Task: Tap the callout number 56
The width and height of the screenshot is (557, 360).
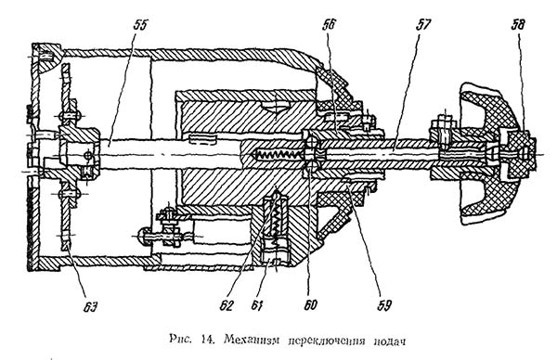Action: pos(329,25)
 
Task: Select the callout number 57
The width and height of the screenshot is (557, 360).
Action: pos(422,25)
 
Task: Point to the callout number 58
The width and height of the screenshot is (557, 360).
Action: pos(518,25)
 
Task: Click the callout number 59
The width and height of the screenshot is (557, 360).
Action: pos(384,305)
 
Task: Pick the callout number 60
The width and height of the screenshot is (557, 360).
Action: pos(310,305)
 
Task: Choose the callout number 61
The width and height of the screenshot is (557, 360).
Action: pos(257,305)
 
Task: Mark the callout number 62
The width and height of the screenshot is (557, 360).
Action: pos(227,305)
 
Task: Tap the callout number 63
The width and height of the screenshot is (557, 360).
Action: pos(90,307)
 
